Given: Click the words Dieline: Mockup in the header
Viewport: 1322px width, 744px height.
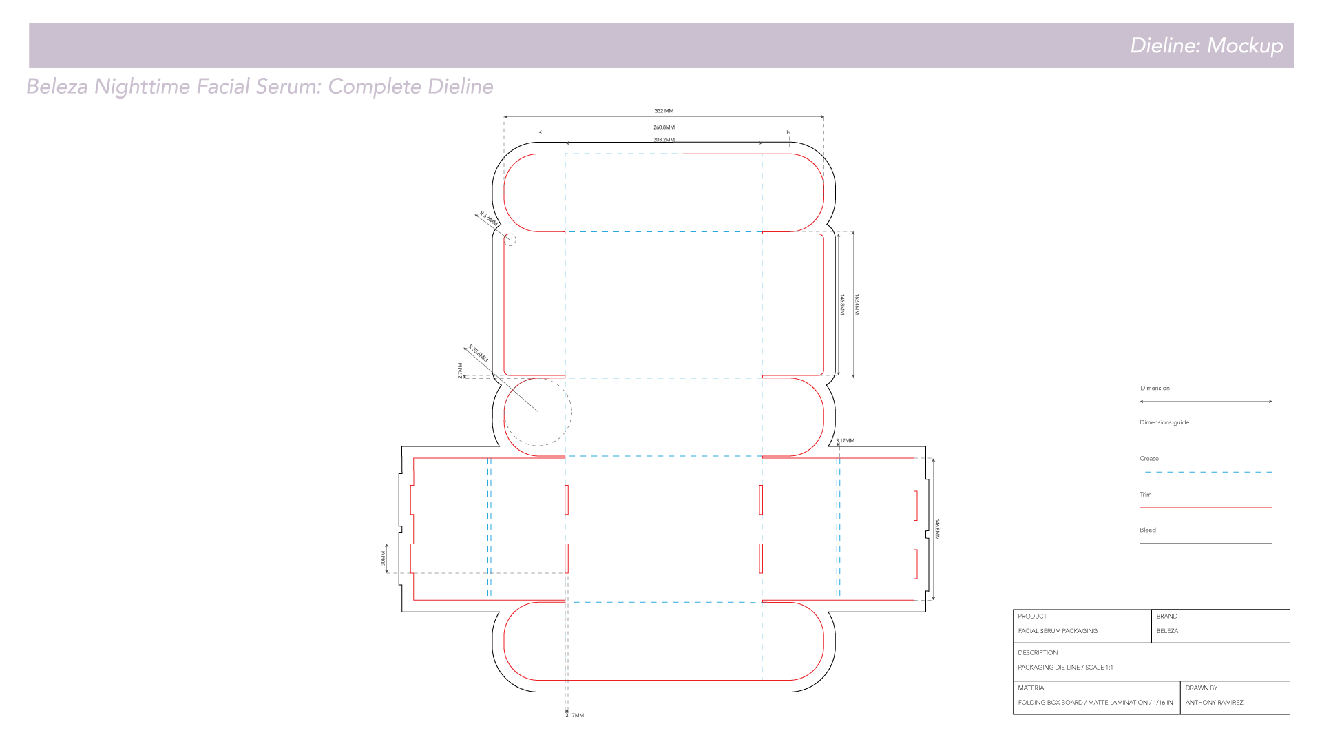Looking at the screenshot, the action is [1206, 45].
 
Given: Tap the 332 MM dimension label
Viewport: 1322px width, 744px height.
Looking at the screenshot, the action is [664, 111].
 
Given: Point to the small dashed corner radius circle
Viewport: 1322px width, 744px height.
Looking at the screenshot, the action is [511, 240].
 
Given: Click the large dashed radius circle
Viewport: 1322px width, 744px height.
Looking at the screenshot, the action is [538, 412].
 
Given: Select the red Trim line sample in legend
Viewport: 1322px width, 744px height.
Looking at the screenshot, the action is [1206, 508].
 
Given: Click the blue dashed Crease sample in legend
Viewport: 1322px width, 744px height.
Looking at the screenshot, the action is [1206, 472].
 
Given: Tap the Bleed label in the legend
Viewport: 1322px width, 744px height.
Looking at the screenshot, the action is [1148, 530].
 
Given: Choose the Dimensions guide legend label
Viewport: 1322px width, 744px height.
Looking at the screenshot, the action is [1164, 422].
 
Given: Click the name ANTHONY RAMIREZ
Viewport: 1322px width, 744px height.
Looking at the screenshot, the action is [1215, 703].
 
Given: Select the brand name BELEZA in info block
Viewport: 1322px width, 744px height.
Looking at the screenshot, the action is [1167, 631].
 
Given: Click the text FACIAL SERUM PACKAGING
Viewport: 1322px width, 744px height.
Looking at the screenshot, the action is [1058, 631].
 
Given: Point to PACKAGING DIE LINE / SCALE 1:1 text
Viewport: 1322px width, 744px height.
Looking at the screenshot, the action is [1065, 668].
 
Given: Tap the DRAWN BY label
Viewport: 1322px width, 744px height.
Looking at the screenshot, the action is [1202, 688].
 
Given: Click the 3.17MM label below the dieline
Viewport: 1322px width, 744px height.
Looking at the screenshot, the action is [575, 716].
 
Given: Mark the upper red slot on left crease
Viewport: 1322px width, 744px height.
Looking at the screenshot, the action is [567, 500].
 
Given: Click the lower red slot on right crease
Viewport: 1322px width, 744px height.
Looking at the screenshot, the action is [761, 559].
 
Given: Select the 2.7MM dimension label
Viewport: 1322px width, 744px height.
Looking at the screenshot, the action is [460, 371].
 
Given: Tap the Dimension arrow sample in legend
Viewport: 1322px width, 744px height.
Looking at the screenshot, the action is [1206, 401].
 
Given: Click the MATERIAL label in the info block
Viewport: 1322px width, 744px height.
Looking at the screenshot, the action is [1032, 688].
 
